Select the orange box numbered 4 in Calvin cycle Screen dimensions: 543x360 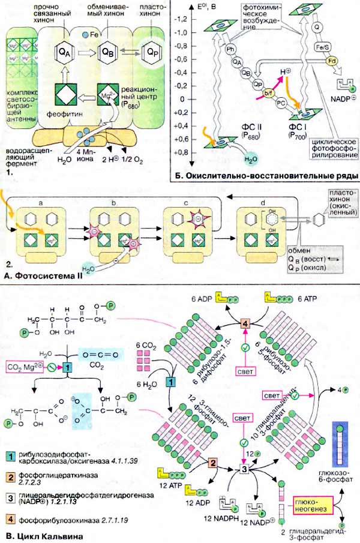(x=245, y=325)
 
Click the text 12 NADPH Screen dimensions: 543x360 (x=184, y=517)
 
